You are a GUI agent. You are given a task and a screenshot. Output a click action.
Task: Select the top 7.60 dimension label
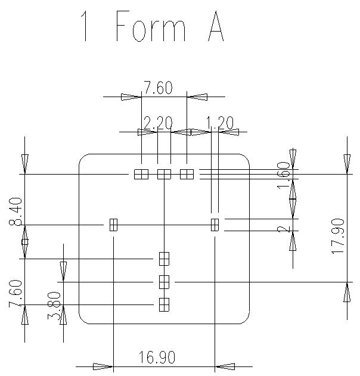click(x=158, y=89)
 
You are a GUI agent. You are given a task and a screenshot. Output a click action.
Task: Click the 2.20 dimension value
click(x=158, y=123)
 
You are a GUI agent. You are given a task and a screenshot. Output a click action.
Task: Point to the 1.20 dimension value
click(x=219, y=123)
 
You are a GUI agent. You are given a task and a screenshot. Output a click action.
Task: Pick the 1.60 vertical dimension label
click(x=283, y=176)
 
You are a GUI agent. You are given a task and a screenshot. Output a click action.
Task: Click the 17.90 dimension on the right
click(x=339, y=236)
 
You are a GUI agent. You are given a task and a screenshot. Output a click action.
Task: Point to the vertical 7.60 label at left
click(x=16, y=294)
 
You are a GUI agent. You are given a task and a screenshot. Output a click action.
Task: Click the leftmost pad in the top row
click(x=141, y=174)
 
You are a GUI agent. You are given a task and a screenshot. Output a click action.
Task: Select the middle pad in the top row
click(x=164, y=174)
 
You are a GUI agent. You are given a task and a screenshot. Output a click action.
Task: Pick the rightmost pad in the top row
click(x=187, y=174)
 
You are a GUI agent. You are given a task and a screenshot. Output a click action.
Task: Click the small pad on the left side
click(x=113, y=225)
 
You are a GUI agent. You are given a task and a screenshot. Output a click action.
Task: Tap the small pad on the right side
click(x=215, y=225)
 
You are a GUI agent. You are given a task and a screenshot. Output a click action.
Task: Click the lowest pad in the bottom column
click(x=164, y=304)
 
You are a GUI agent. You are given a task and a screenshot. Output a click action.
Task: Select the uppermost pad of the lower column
click(x=164, y=259)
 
